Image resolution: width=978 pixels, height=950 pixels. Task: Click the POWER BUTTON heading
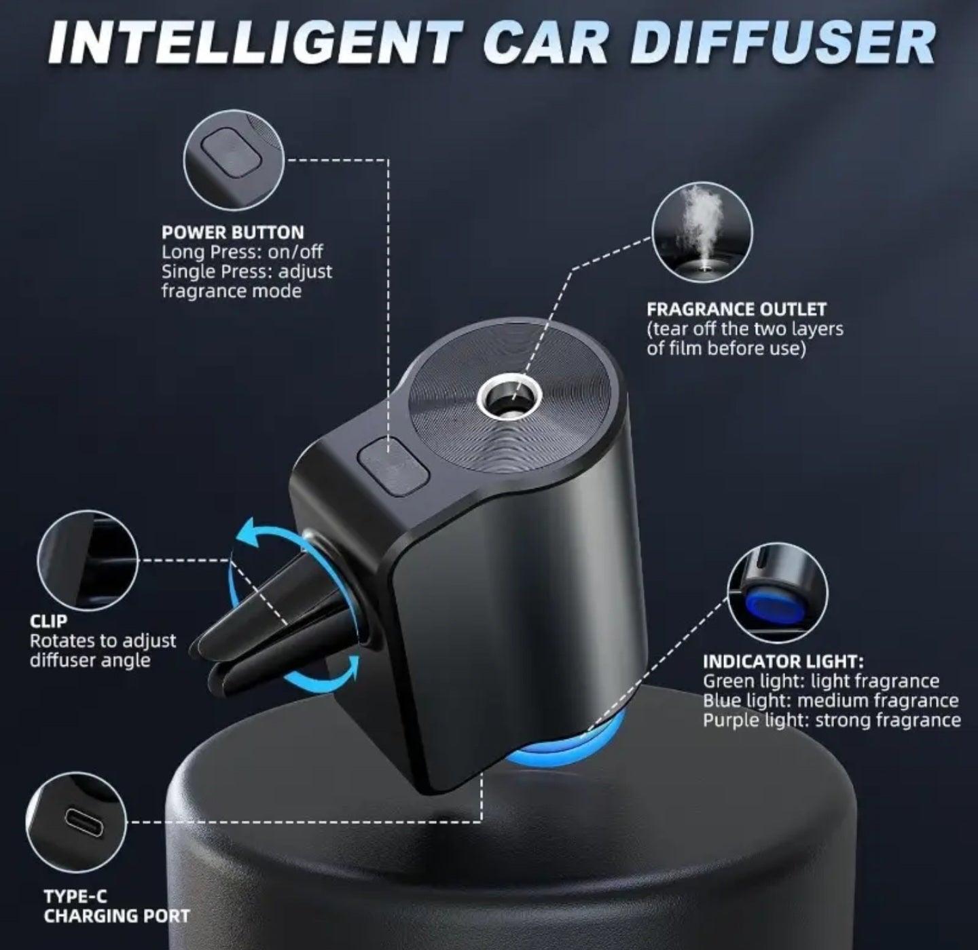click(x=232, y=232)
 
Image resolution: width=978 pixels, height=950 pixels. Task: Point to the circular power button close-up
click(x=234, y=160)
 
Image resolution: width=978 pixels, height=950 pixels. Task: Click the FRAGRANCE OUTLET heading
click(x=736, y=309)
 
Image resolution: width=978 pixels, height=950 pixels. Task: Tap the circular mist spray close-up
click(x=702, y=231)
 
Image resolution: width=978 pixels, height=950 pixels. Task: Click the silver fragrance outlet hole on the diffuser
click(x=509, y=397)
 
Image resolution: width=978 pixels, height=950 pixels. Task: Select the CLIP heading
click(x=48, y=621)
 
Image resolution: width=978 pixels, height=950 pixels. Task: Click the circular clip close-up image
click(x=88, y=560)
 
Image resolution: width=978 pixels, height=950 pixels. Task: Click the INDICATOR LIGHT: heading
click(x=783, y=661)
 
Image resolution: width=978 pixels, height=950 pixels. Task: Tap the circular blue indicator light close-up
click(x=778, y=592)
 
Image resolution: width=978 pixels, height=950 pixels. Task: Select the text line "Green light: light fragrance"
click(x=820, y=681)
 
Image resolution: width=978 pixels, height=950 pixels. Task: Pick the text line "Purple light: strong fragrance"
click(x=831, y=720)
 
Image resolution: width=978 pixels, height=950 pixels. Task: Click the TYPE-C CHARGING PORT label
click(x=116, y=906)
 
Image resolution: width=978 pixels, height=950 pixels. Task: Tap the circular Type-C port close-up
click(x=76, y=822)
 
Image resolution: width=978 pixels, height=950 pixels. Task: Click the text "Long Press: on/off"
click(x=242, y=252)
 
